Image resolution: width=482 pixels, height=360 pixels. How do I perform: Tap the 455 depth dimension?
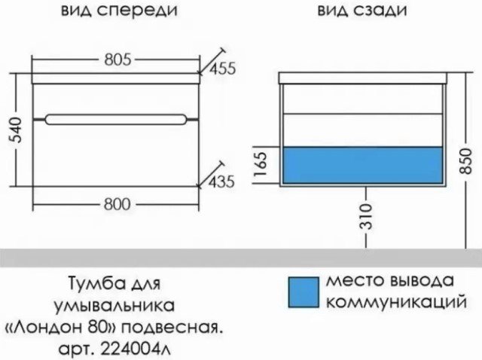tap(223, 68)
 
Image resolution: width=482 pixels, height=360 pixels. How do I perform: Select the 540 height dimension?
tap(15, 130)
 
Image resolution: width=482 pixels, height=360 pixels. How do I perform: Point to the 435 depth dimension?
tap(221, 182)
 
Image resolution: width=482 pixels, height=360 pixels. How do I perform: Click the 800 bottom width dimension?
tap(117, 204)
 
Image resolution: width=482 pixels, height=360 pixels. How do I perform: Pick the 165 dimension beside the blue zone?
tap(261, 165)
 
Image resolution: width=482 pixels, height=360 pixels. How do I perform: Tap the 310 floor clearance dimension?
tap(366, 216)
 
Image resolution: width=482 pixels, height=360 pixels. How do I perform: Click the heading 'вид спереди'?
tap(119, 11)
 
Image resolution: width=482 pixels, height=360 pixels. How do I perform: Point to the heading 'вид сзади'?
tap(362, 10)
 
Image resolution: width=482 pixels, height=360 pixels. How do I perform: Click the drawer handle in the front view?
tap(115, 120)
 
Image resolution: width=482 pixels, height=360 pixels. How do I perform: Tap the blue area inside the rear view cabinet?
tap(363, 165)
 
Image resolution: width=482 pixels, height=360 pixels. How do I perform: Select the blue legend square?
tap(303, 292)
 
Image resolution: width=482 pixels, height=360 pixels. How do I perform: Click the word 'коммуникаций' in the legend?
tap(396, 302)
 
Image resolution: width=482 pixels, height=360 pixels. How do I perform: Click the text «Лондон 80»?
tap(59, 328)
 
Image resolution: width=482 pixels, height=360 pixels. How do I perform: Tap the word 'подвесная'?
tap(171, 328)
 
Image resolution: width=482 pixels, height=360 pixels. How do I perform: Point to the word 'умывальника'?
tap(114, 306)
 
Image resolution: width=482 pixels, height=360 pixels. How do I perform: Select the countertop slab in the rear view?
tap(363, 78)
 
